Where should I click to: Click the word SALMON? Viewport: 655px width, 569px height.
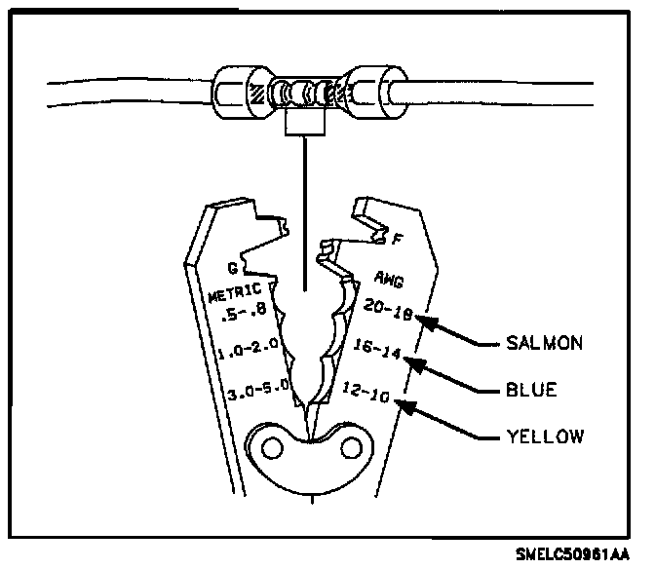pos(544,343)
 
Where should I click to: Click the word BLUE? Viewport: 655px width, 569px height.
pos(531,390)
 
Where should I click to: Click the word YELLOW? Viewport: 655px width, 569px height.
pos(545,436)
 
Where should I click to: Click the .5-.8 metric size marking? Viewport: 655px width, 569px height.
pos(244,314)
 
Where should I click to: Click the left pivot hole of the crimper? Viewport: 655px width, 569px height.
pos(270,448)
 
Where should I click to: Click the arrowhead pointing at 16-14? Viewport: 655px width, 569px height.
pos(416,362)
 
